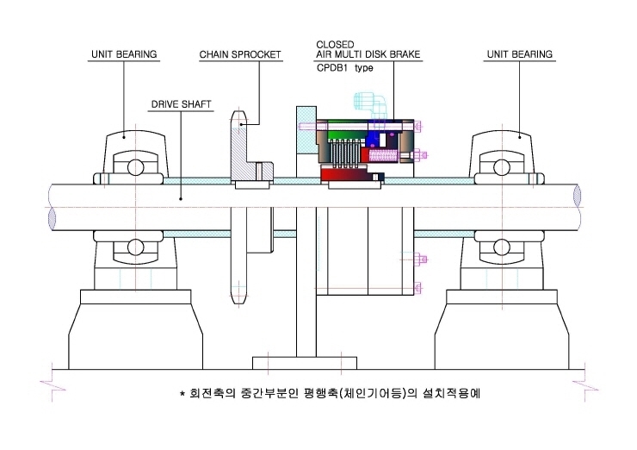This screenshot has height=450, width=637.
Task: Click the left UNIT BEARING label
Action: click(124, 54)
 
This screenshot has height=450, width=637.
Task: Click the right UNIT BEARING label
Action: click(520, 54)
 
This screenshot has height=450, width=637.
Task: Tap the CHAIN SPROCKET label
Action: click(240, 54)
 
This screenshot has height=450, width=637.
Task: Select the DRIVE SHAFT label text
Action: click(181, 104)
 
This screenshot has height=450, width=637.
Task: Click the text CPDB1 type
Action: click(344, 68)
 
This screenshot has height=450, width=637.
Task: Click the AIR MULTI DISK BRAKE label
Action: click(368, 54)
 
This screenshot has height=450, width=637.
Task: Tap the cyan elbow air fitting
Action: click(370, 105)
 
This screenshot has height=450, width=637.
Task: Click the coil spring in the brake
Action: click(382, 155)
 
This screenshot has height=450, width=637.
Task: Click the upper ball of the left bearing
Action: click(135, 167)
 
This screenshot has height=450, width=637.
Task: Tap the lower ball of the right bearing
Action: click(501, 247)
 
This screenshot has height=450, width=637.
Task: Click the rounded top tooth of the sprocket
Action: click(238, 118)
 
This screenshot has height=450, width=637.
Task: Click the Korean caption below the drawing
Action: click(335, 393)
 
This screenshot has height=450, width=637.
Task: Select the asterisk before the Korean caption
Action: click(182, 393)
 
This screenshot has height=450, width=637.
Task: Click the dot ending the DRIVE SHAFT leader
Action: click(181, 199)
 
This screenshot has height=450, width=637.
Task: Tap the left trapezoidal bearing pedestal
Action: click(135, 329)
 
